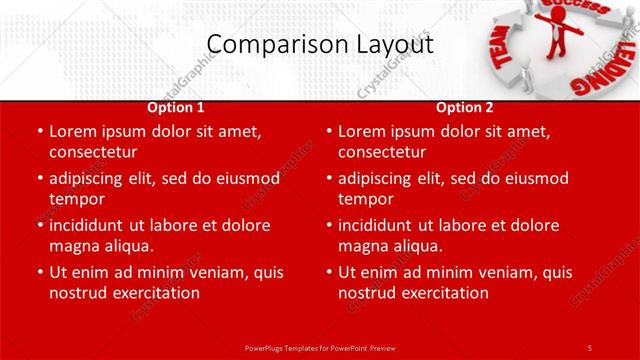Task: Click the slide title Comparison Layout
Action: coord(320,45)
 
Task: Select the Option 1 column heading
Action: coord(176,107)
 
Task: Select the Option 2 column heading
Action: coord(465,107)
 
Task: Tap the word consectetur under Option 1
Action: coord(93,152)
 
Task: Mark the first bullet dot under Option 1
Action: coord(39,131)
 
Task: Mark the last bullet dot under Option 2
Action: coord(328,272)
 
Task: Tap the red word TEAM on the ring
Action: coord(501,46)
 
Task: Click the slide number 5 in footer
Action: coord(590,347)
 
